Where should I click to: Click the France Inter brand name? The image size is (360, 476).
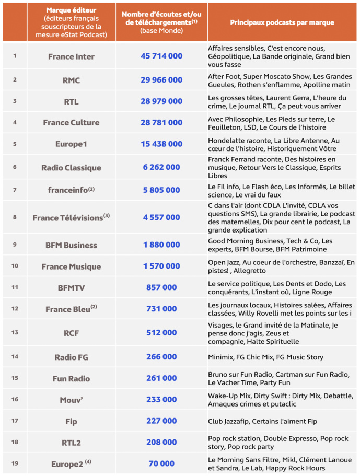pyautogui.click(x=71, y=56)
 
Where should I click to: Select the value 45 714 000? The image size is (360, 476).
pyautogui.click(x=161, y=56)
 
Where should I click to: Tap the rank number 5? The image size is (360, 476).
pyautogui.click(x=15, y=143)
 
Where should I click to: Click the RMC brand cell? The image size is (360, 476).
pyautogui.click(x=71, y=80)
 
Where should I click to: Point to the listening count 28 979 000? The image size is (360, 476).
pyautogui.click(x=161, y=101)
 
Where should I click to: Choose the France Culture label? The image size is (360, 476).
pyautogui.click(x=71, y=122)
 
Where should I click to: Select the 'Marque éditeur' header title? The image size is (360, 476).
pyautogui.click(x=71, y=10)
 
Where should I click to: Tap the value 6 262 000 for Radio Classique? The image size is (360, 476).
pyautogui.click(x=161, y=167)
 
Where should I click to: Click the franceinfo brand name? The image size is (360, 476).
pyautogui.click(x=68, y=191)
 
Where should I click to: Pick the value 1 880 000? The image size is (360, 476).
pyautogui.click(x=161, y=245)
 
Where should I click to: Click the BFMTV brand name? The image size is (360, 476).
pyautogui.click(x=71, y=287)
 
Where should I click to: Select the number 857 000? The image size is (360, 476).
pyautogui.click(x=161, y=287)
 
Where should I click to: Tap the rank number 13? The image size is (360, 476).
pyautogui.click(x=15, y=332)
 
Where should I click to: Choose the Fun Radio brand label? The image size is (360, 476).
pyautogui.click(x=71, y=378)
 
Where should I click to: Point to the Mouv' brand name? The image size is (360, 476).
pyautogui.click(x=71, y=400)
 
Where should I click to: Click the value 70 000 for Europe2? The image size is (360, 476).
pyautogui.click(x=161, y=463)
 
